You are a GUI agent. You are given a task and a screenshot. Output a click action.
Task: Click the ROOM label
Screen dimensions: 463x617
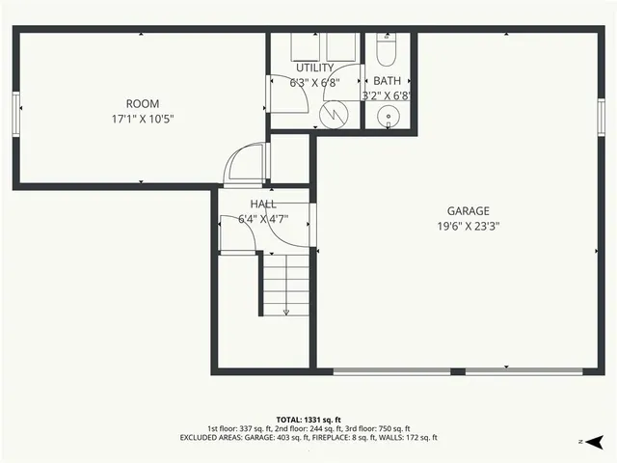[x=143, y=103]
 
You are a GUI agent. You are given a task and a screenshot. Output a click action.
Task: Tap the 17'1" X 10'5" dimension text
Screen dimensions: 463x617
[x=143, y=119]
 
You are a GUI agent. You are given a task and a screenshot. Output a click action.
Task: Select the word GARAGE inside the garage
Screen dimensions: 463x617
[x=468, y=211]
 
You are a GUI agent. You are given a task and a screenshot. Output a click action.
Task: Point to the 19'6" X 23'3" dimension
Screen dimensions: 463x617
[x=468, y=227]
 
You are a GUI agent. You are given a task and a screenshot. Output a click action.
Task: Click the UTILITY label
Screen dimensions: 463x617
[x=314, y=68]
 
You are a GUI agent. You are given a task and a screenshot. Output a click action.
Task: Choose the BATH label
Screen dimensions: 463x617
[x=387, y=81]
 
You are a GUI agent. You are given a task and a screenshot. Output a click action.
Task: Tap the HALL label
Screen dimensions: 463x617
[x=263, y=204]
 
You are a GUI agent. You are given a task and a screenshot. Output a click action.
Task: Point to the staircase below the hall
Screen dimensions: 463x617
[x=285, y=282]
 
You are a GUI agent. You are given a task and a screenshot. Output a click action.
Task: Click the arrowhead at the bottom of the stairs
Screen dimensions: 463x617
[x=285, y=312]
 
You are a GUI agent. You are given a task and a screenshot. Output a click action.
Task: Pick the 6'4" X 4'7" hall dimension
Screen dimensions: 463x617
[x=263, y=219]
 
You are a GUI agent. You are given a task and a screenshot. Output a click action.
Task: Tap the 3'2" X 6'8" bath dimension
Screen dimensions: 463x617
[x=387, y=95]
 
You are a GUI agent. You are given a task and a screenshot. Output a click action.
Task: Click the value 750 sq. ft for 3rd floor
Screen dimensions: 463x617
[x=392, y=428]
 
